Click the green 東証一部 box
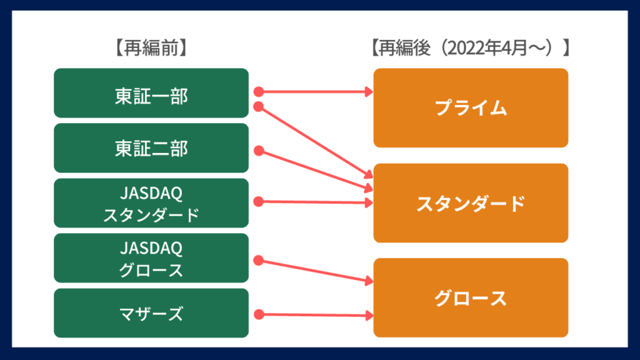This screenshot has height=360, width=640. (x=151, y=93)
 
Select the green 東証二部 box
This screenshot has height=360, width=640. (x=151, y=148)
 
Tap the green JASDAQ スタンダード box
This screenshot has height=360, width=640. (x=151, y=203)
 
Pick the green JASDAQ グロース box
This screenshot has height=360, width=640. (x=151, y=258)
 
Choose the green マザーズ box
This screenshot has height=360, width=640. (x=151, y=313)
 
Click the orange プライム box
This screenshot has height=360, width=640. (x=471, y=107)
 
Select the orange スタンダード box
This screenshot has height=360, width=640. (x=471, y=203)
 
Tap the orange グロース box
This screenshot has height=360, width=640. (x=471, y=298)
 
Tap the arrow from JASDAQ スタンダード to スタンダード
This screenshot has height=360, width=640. (x=312, y=202)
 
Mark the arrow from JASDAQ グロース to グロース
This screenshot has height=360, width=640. (x=312, y=270)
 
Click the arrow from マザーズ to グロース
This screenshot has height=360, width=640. (x=312, y=315)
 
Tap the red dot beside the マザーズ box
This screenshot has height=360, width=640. (x=259, y=314)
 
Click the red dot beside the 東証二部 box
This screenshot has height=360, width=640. (x=259, y=151)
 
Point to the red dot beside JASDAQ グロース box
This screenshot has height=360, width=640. (x=259, y=260)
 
